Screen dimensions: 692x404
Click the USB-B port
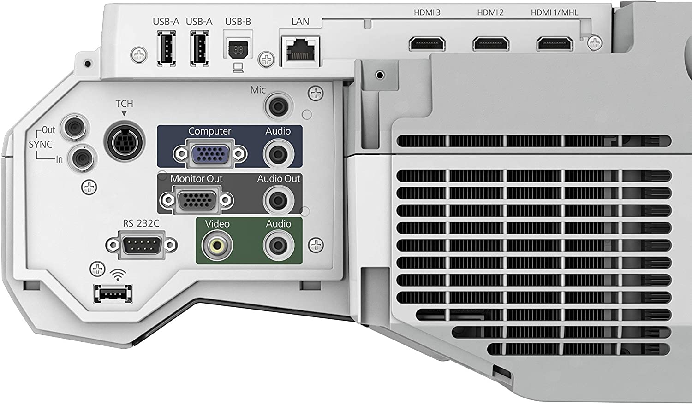pyautogui.click(x=238, y=49)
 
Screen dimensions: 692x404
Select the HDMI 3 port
pyautogui.click(x=427, y=43)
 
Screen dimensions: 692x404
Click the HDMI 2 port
pyautogui.click(x=490, y=43)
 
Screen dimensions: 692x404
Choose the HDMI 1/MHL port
pyautogui.click(x=555, y=43)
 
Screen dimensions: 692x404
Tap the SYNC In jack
pyautogui.click(x=82, y=158)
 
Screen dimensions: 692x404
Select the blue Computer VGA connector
pyautogui.click(x=210, y=153)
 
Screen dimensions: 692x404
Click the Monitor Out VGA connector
pyautogui.click(x=197, y=200)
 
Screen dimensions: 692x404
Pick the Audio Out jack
pyautogui.click(x=278, y=200)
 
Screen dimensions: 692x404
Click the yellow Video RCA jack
pyautogui.click(x=217, y=246)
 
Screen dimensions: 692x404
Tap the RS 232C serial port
pyautogui.click(x=142, y=245)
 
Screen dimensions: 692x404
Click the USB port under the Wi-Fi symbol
pyautogui.click(x=113, y=294)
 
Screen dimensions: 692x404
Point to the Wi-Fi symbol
pyautogui.click(x=118, y=275)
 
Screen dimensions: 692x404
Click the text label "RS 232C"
pyautogui.click(x=141, y=223)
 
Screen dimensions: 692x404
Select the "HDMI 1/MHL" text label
pyautogui.click(x=554, y=12)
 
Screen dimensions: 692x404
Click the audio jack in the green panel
pyautogui.click(x=278, y=246)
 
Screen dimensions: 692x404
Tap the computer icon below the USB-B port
pyautogui.click(x=238, y=68)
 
